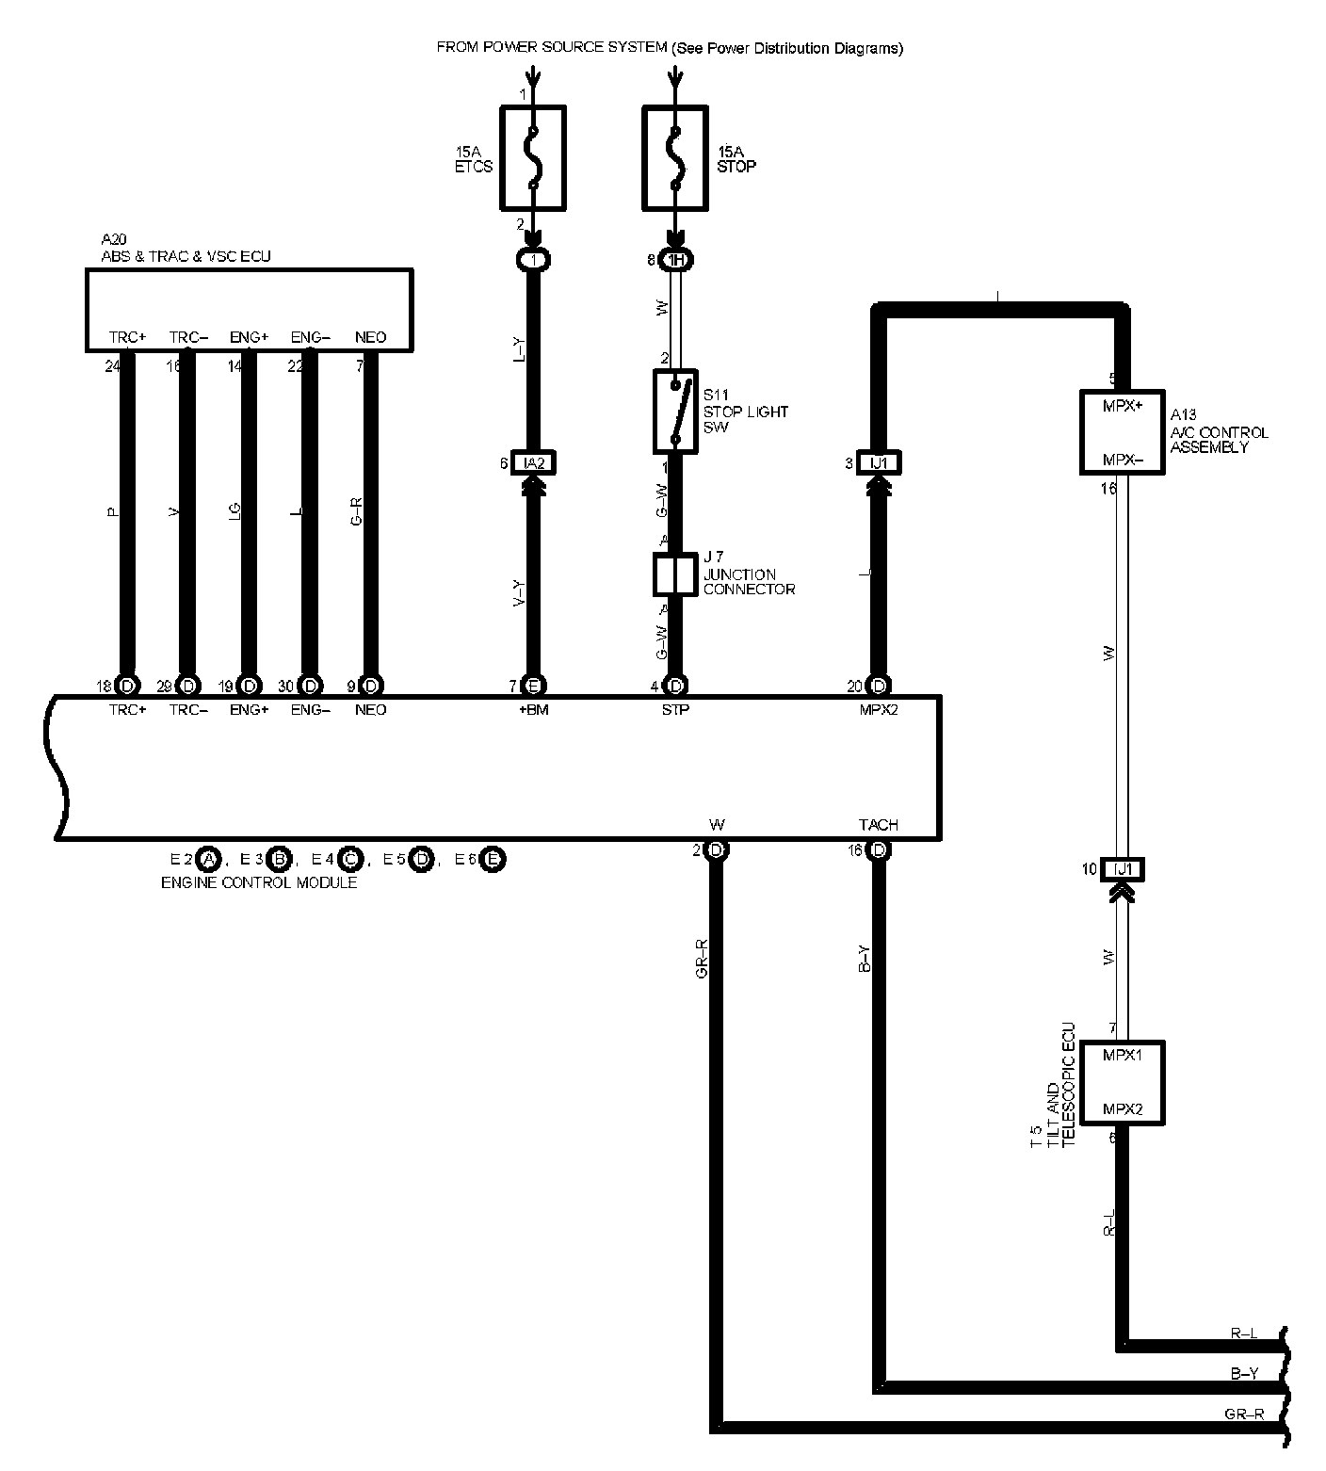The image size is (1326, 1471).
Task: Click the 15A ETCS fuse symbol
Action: [532, 157]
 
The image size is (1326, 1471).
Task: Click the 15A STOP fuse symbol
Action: [675, 157]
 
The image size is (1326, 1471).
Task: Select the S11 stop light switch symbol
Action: [675, 411]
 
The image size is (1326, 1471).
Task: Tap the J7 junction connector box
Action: [675, 574]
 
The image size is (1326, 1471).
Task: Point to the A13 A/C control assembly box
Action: [1122, 432]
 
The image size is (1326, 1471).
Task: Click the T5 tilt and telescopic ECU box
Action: [1122, 1082]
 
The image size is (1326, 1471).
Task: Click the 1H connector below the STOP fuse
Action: [675, 260]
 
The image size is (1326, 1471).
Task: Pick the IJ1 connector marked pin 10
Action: [1122, 869]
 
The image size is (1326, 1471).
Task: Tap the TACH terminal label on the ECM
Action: [879, 825]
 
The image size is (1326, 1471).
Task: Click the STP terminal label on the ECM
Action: [675, 710]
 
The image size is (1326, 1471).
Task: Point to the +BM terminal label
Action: [533, 710]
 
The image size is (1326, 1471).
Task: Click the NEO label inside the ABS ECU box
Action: [370, 337]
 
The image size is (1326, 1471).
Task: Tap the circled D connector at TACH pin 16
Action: [879, 850]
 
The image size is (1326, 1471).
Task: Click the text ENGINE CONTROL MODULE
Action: [259, 882]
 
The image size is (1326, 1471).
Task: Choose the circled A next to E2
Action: [208, 859]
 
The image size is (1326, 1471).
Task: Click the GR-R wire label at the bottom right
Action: [1244, 1414]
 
